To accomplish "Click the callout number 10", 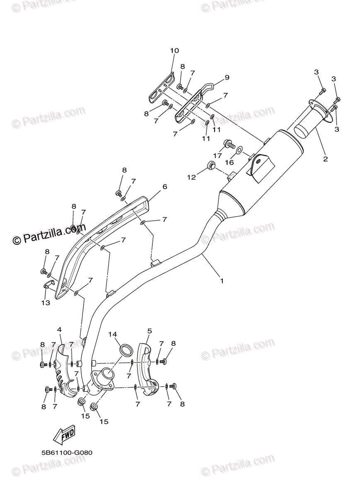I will (174, 51).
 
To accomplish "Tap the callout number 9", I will (227, 77).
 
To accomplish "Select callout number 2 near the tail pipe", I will (325, 159).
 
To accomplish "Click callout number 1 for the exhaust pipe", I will (222, 280).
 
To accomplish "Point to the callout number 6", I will (164, 187).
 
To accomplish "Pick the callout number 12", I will (191, 177).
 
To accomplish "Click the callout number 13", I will (45, 303).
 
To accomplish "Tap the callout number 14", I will (113, 334).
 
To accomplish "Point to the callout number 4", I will (60, 329).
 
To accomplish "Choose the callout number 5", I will (150, 331).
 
